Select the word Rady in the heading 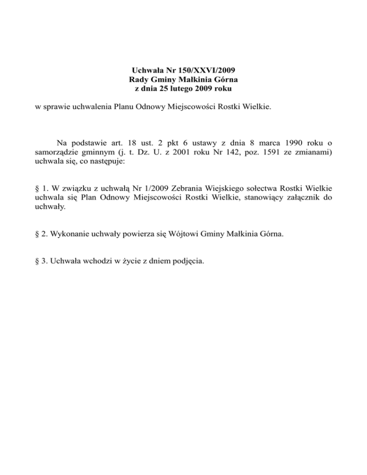click(x=139, y=79)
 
